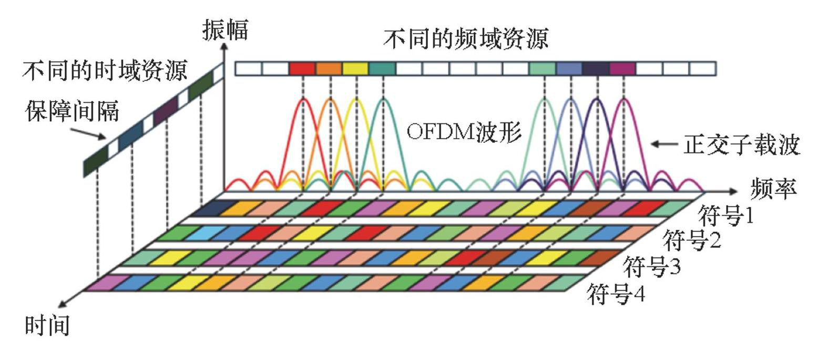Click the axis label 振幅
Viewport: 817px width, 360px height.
pos(226,29)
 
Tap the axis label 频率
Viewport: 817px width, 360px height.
pos(773,188)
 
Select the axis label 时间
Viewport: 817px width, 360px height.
pos(47,325)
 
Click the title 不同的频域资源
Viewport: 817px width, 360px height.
pos(466,39)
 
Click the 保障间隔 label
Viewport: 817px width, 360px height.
pos(72,111)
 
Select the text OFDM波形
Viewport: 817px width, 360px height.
pos(464,132)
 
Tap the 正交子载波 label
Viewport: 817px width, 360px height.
pos(742,145)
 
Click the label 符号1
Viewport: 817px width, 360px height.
pos(726,215)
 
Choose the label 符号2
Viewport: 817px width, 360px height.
pos(691,240)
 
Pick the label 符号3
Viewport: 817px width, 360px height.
pos(652,266)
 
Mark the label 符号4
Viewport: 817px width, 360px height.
pos(616,294)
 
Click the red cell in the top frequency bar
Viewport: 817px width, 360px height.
pos(302,69)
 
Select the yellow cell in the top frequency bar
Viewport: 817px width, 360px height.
pos(355,69)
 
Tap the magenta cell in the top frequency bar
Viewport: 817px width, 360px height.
pos(622,69)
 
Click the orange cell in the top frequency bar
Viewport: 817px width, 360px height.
pos(329,69)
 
